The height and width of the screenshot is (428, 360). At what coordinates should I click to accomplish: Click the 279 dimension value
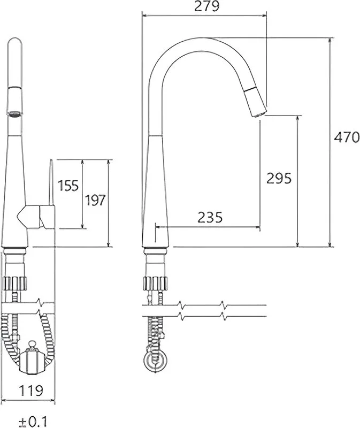206,6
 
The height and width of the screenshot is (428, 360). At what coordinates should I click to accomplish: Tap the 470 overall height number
347,137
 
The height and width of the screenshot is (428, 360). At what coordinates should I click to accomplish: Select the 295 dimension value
279,178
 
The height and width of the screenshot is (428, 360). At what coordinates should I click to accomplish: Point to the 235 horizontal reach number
210,218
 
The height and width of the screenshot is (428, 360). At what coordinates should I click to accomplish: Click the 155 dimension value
68,186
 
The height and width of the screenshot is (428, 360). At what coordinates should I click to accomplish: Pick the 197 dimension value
95,200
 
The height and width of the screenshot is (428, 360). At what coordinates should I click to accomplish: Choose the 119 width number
31,391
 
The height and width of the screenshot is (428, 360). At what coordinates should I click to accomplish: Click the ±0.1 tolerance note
33,422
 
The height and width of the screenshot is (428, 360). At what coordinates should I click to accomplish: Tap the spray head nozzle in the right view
255,103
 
